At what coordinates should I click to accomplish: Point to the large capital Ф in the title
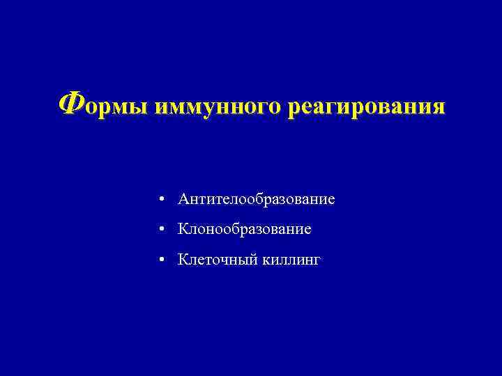[x=68, y=106]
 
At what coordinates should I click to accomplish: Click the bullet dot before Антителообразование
[x=161, y=200]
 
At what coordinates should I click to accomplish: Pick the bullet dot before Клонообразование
[x=161, y=228]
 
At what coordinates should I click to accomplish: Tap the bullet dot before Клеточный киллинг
[x=161, y=260]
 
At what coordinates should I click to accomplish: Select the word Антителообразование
[x=257, y=200]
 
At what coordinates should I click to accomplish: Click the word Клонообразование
[x=245, y=228]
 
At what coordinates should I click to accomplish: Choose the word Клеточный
[x=218, y=260]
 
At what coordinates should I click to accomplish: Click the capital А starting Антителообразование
[x=183, y=200]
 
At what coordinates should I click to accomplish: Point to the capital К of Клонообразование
[x=183, y=228]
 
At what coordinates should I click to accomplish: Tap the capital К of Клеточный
[x=183, y=260]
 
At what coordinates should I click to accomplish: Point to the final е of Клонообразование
[x=307, y=229]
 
